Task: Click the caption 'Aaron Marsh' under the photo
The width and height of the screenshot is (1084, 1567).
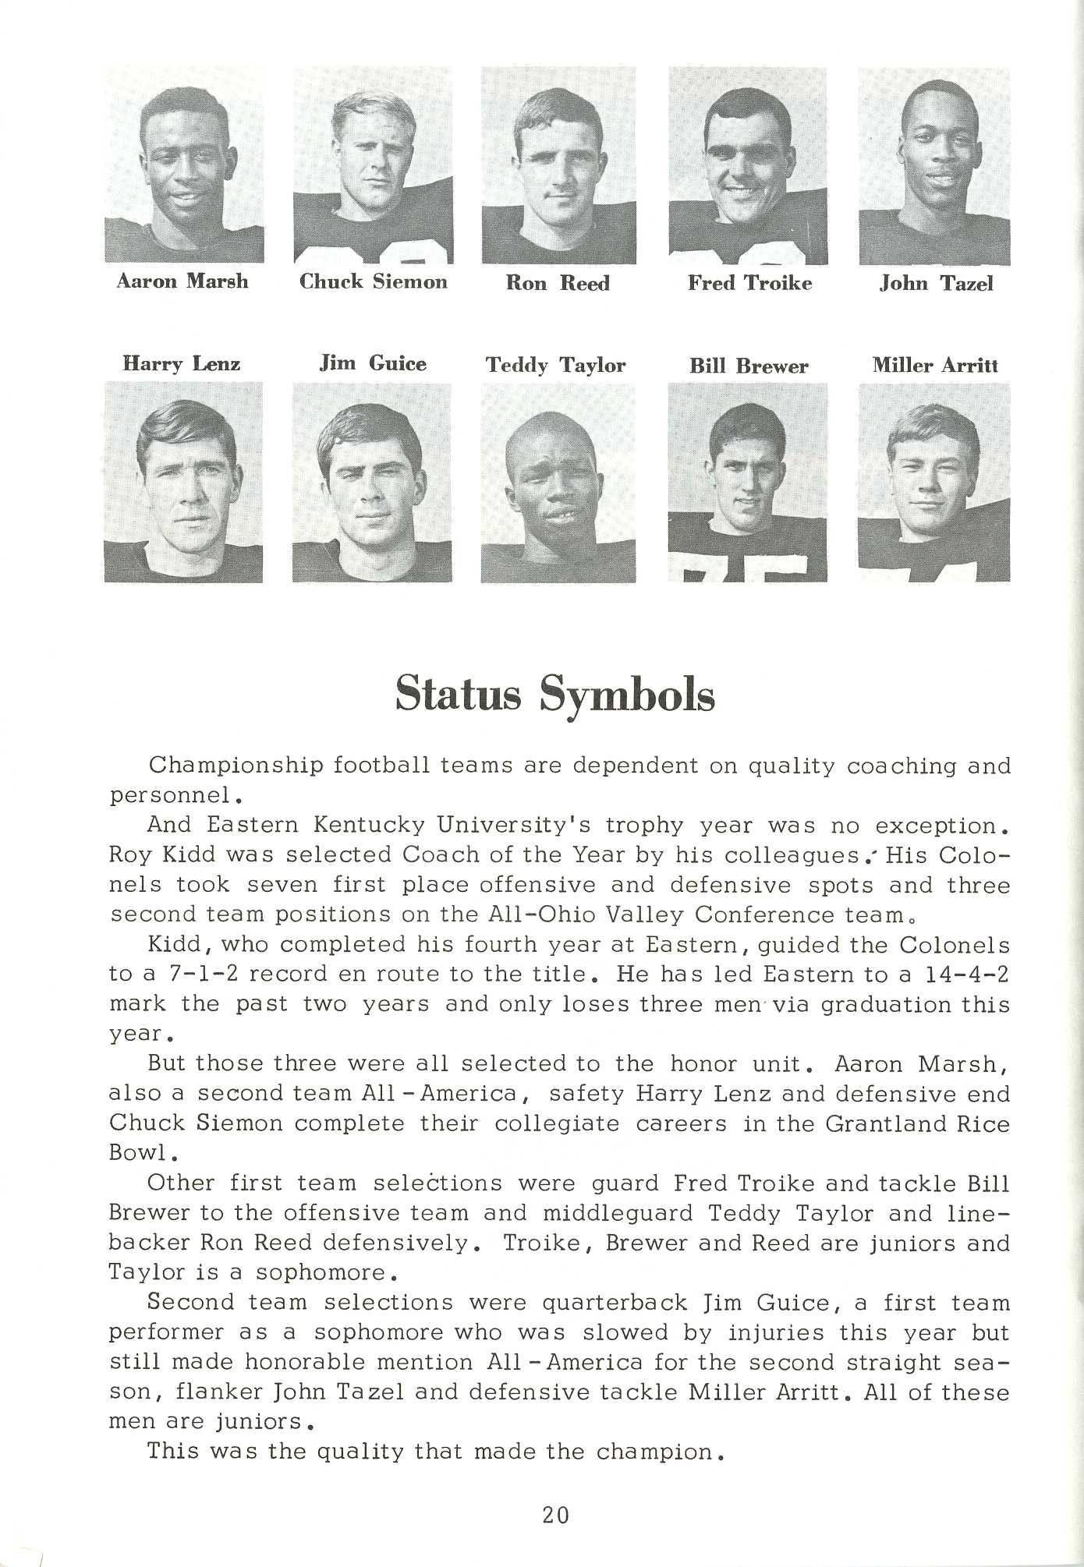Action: [182, 281]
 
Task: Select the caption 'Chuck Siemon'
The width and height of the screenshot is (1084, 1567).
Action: [374, 281]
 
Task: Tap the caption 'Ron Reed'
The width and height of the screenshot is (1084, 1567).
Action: [558, 283]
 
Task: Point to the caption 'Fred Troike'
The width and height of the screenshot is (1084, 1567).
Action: [749, 283]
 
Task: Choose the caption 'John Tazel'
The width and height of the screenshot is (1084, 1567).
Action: [936, 284]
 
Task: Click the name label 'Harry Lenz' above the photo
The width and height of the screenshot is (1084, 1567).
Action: [182, 364]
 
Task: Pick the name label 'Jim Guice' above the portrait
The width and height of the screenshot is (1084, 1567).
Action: [373, 364]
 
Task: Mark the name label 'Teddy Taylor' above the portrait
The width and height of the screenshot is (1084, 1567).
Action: [556, 366]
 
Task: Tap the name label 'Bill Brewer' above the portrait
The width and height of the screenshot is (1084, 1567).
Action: [749, 366]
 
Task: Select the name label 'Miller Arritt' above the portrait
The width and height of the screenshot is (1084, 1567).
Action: [935, 366]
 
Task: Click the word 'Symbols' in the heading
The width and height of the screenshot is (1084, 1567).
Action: [626, 695]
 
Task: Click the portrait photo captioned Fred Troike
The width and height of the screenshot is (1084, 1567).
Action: [749, 166]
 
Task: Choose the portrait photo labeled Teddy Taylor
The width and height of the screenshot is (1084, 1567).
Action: [558, 483]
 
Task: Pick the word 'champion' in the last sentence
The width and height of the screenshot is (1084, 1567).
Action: [654, 1452]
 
